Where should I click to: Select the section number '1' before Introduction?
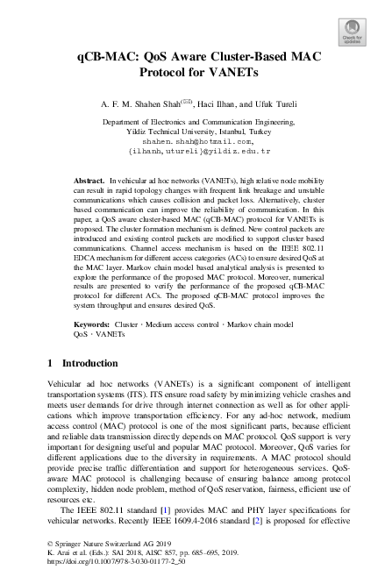point(50,363)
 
